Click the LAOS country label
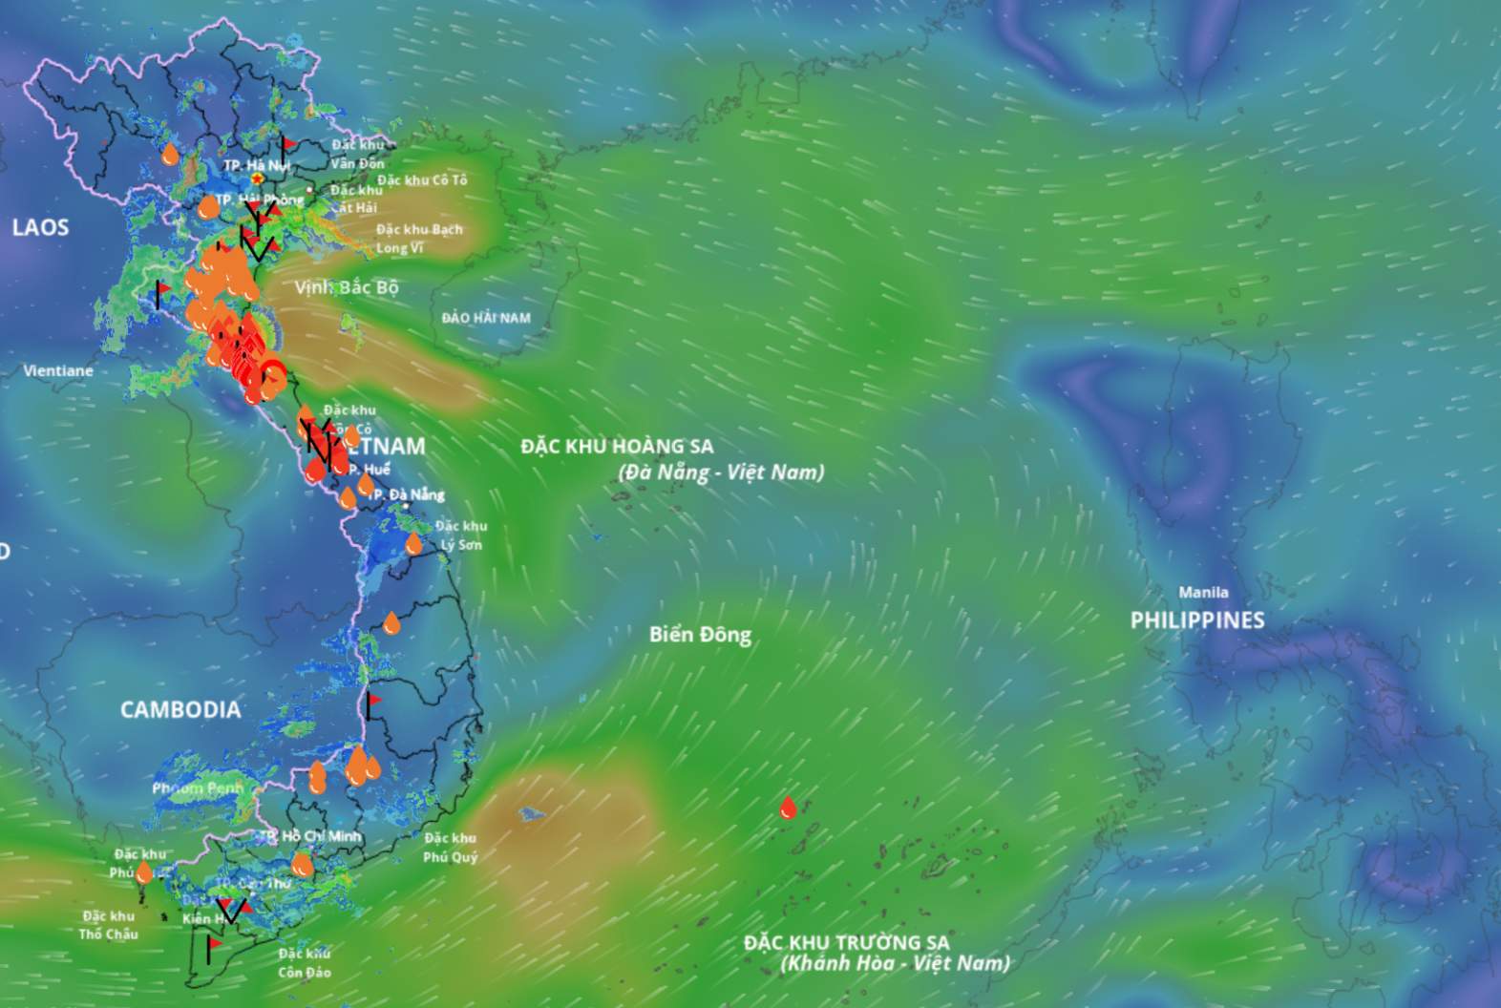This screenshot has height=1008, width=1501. pos(40,227)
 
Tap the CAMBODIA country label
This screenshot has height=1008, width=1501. pos(180,709)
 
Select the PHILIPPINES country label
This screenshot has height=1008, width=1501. pos(1197,620)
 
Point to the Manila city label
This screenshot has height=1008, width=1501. pos(1203,593)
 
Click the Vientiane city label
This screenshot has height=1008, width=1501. pos(58,370)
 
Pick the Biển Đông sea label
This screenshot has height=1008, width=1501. pos(700,635)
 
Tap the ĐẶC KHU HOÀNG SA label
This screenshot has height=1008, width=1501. pos(617,446)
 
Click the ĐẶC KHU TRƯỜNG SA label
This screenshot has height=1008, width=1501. pos(846,943)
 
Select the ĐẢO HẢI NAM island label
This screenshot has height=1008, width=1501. pos(486,318)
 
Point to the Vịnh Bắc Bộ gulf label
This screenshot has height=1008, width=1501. pos(346,287)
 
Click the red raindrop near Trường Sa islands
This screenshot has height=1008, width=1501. pos(788,808)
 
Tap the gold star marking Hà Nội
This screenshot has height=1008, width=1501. pos(257,178)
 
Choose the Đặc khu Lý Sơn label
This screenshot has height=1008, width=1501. pos(461,535)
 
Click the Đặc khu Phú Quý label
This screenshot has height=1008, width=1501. pos(450,848)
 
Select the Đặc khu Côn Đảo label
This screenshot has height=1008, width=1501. pos(305,963)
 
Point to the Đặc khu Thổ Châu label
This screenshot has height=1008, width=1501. pos(108,925)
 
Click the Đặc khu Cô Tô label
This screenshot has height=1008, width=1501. pos(422,179)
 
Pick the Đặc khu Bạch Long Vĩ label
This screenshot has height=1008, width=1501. pos(418,239)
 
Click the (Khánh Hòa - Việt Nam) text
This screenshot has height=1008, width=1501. pos(895,963)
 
